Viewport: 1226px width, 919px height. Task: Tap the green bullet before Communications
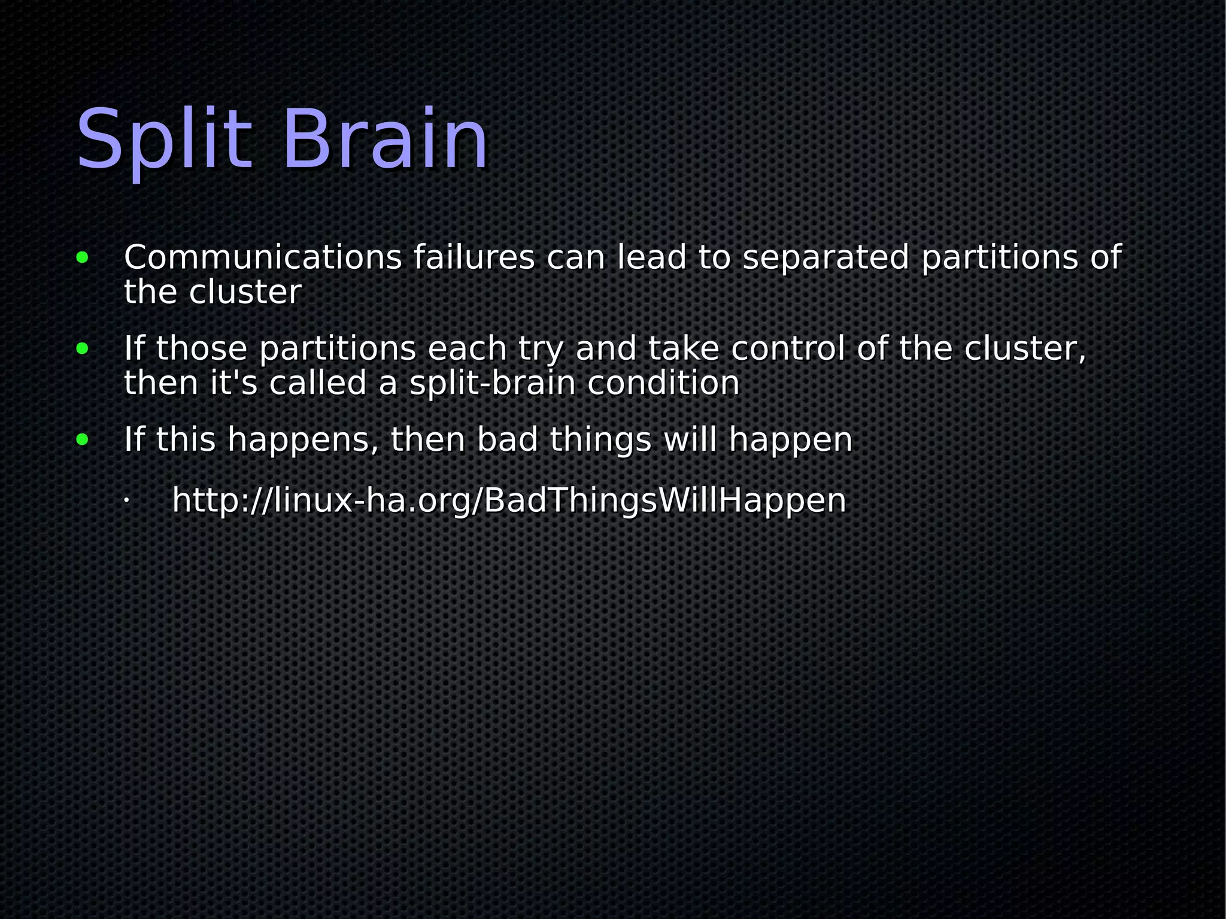coord(83,258)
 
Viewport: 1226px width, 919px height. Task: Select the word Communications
coord(263,258)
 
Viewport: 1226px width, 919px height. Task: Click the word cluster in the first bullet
coord(245,293)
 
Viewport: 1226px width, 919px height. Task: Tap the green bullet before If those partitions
coord(83,349)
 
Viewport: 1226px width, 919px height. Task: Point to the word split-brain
coord(492,384)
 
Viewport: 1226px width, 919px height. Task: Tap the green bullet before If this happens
coord(83,440)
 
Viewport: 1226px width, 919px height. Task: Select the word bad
coord(507,440)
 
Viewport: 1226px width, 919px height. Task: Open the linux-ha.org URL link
coord(509,501)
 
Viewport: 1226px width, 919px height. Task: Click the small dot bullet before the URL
coord(126,500)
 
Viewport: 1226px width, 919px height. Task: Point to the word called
coord(317,384)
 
